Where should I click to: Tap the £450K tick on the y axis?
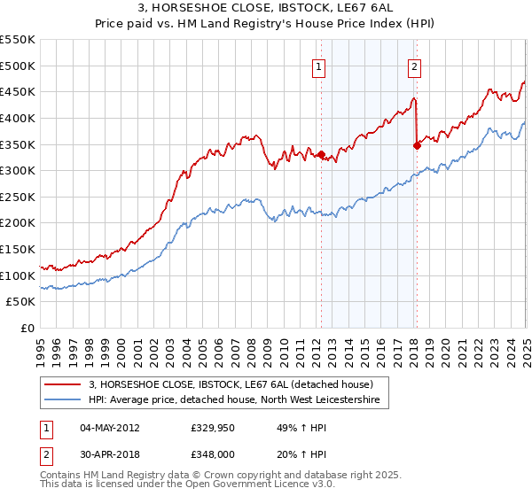[x=19, y=91]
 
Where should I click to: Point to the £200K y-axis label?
[x=19, y=223]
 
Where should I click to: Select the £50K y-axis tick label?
[x=22, y=302]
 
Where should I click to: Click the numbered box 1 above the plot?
[x=318, y=65]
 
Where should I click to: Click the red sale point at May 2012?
[x=320, y=153]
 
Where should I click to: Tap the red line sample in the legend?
[x=63, y=384]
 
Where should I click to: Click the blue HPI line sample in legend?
[x=63, y=400]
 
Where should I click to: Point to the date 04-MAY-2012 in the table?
[x=110, y=428]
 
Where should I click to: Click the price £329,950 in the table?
[x=211, y=428]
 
